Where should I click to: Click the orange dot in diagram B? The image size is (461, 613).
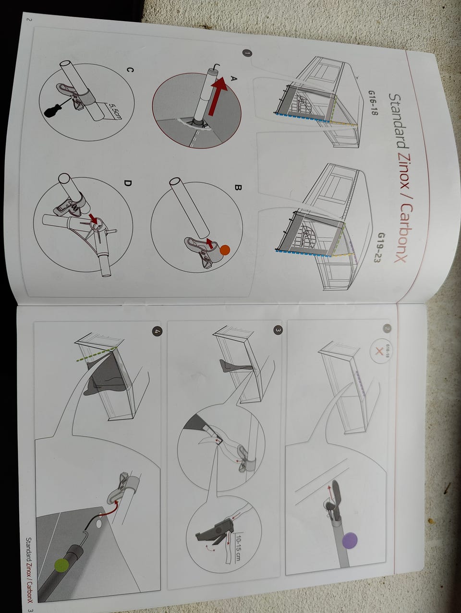225,250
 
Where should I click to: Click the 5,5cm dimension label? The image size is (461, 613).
115,112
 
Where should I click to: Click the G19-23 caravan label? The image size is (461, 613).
380,247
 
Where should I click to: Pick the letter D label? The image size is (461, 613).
127,183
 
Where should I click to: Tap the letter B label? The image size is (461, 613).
237,188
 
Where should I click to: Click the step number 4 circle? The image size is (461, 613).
157,332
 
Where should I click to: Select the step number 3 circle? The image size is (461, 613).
278,330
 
